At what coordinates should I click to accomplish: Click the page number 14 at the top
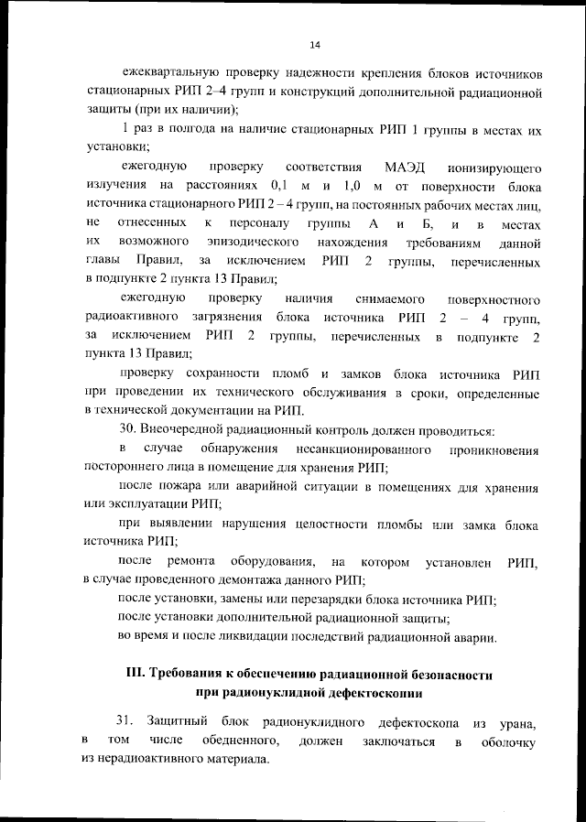click(x=315, y=45)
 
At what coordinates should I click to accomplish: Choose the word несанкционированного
click(x=364, y=449)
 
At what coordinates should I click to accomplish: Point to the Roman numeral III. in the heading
click(x=135, y=675)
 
